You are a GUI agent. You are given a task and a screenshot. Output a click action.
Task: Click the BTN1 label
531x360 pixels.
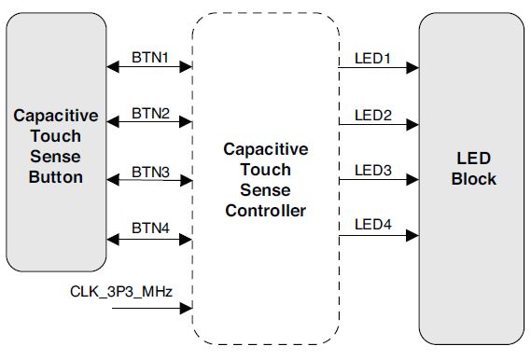(x=149, y=58)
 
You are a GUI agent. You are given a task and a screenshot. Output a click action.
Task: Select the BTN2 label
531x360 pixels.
(x=149, y=114)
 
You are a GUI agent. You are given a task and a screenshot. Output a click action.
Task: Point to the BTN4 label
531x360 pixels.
(x=149, y=227)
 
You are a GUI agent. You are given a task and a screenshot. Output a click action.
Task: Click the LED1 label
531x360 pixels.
(x=372, y=58)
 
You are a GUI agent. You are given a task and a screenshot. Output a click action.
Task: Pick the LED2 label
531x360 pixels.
(x=372, y=115)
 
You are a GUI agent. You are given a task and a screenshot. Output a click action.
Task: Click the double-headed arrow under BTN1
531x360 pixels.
(x=149, y=67)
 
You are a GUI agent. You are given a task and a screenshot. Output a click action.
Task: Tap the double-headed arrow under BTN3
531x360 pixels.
(x=149, y=180)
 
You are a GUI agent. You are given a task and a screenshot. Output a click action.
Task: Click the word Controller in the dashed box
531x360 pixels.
(x=265, y=211)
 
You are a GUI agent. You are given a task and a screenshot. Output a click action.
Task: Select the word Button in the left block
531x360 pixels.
(x=56, y=177)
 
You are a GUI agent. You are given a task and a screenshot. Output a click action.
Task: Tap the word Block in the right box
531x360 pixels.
(x=474, y=178)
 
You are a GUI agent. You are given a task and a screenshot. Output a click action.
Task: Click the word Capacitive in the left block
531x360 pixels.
(x=56, y=116)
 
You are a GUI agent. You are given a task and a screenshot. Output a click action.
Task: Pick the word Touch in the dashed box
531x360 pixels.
(x=265, y=170)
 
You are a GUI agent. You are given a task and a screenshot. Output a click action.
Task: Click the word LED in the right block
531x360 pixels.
(x=474, y=158)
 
